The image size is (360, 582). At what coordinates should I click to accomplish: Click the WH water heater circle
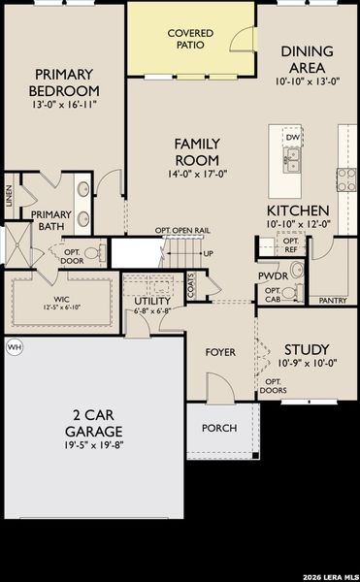(14, 346)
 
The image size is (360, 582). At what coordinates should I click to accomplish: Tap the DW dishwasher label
(292, 138)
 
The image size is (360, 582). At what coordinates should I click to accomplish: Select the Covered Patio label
(190, 39)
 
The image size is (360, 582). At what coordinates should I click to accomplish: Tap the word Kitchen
(299, 210)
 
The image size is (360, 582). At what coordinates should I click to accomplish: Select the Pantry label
(333, 301)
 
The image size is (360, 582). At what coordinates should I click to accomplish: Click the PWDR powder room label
(274, 275)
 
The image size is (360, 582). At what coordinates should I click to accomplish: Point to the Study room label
(307, 349)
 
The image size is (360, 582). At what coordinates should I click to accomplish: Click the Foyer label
(220, 351)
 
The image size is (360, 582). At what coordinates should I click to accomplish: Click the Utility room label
(152, 301)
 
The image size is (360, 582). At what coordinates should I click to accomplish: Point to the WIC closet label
(60, 299)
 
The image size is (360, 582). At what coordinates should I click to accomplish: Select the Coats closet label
(191, 287)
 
